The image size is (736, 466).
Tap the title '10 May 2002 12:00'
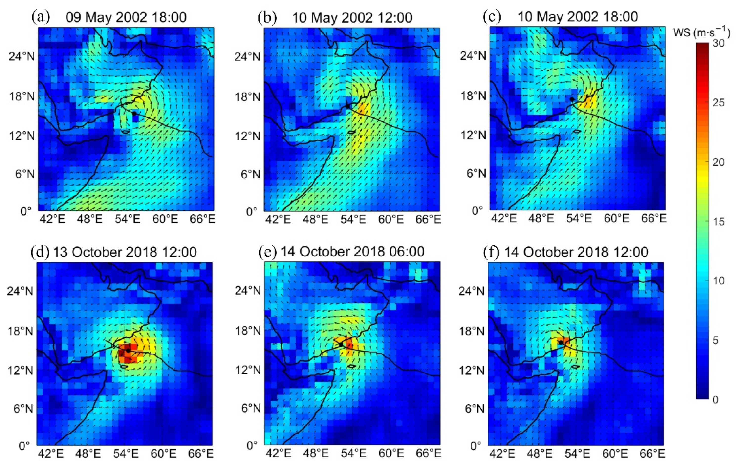[352, 18]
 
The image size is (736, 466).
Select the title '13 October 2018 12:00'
[125, 252]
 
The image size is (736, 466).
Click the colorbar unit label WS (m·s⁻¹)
[701, 33]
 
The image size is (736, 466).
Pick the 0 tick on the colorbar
[715, 400]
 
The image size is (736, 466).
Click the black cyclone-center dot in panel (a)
[134, 114]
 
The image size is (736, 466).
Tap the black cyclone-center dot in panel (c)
[572, 99]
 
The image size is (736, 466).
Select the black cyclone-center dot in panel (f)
[561, 342]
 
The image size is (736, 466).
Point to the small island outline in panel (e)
[351, 366]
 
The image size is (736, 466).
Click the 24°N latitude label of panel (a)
[22, 56]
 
